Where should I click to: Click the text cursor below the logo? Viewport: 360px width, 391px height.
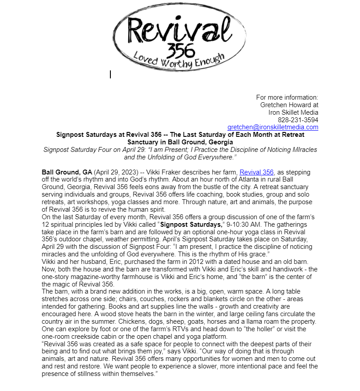pos(110,74)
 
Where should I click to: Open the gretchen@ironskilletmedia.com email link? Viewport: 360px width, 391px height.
pos(273,127)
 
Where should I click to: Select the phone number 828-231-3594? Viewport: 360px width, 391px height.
pos(298,120)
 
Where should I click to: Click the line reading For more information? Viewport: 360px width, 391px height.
pos(287,97)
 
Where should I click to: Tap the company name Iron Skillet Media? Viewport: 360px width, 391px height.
pos(293,112)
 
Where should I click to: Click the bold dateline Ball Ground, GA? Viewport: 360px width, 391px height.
pos(67,172)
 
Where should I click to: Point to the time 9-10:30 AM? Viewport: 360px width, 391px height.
pos(243,225)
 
